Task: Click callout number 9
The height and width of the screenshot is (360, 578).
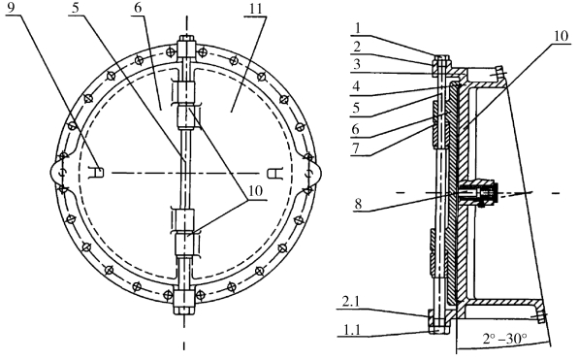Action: click(x=11, y=8)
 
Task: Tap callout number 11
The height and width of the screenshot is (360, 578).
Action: click(x=257, y=9)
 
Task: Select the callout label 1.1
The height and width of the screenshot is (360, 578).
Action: click(x=350, y=329)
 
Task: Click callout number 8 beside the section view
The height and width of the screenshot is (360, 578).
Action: click(x=358, y=204)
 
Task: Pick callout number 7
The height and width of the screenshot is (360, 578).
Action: click(x=356, y=148)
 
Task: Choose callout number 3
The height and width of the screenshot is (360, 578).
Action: click(x=356, y=64)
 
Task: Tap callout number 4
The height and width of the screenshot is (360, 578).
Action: click(x=356, y=86)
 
